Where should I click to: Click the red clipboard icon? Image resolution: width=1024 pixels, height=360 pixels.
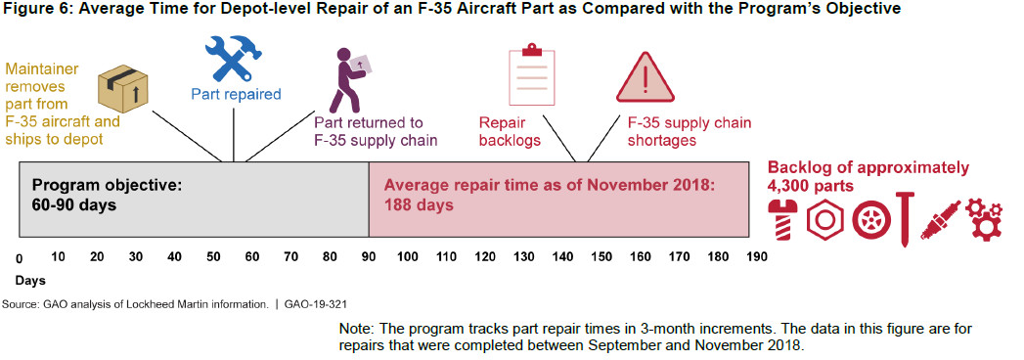click(x=532, y=76)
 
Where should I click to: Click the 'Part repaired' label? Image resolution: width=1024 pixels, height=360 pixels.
click(x=236, y=95)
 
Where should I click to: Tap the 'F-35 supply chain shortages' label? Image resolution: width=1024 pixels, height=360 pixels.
click(x=689, y=132)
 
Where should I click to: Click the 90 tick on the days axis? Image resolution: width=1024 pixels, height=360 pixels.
click(x=369, y=256)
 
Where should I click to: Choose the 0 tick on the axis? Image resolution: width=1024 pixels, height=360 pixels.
click(x=20, y=258)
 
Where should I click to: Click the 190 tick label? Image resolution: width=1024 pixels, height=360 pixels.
click(x=757, y=256)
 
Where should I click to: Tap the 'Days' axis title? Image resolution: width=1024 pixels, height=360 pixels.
click(x=30, y=281)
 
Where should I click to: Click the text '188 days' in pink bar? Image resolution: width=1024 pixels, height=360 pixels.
click(x=419, y=204)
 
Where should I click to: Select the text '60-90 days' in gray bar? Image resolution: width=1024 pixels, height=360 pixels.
click(x=73, y=204)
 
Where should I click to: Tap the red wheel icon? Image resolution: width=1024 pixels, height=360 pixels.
click(x=870, y=220)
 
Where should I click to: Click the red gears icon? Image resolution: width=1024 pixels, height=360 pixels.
click(x=983, y=220)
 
